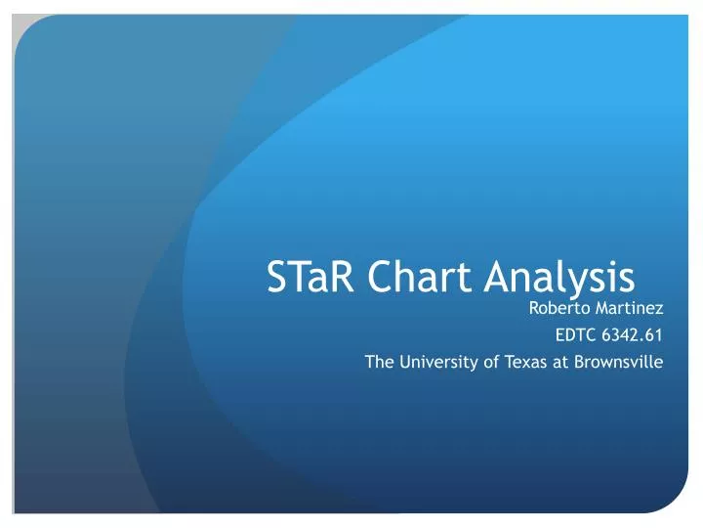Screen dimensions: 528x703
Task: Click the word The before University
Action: (379, 363)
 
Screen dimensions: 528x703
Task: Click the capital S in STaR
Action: (276, 280)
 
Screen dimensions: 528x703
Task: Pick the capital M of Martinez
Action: (602, 310)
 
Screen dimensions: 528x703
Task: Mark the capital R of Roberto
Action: (533, 310)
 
